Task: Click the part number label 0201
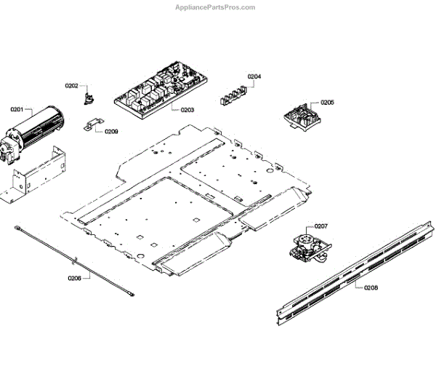coord(17,109)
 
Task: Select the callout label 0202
coord(71,86)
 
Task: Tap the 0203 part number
coord(187,111)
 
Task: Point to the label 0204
coord(254,76)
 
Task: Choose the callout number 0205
coord(327,103)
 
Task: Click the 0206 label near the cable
coord(75,278)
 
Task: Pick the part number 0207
coord(321,226)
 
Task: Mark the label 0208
coord(371,287)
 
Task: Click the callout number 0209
coord(111,132)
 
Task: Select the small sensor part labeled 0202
coord(91,95)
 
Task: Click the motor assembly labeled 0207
coord(307,247)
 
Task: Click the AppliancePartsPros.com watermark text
coord(216,7)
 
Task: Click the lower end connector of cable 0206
coord(130,294)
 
